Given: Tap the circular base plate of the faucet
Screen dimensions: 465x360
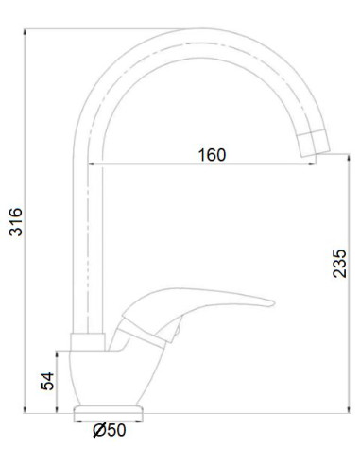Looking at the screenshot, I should point(110,411).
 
